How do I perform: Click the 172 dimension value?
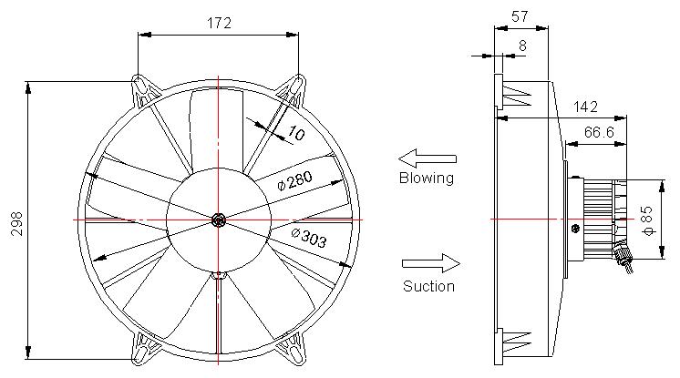(x=218, y=23)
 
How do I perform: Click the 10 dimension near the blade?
(x=295, y=133)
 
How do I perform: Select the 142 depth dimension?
(x=586, y=107)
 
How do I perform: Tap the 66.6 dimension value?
(x=598, y=132)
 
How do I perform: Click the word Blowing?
(x=426, y=178)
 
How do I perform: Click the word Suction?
(x=428, y=286)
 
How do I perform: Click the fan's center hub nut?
(x=219, y=220)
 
